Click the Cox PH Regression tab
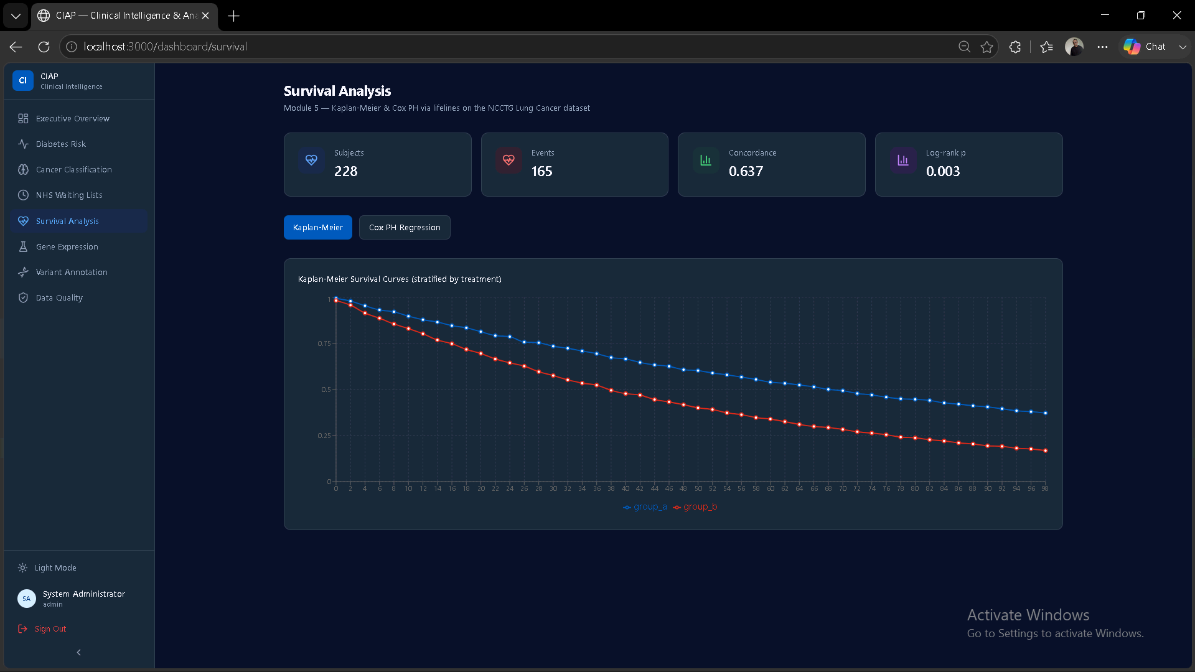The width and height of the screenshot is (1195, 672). tap(405, 228)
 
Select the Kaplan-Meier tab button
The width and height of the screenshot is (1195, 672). tap(318, 228)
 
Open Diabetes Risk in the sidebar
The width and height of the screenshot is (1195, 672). tap(61, 144)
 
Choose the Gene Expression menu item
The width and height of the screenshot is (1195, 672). tap(67, 247)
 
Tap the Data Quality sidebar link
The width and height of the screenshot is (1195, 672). tap(59, 298)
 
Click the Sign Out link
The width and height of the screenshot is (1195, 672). tap(50, 629)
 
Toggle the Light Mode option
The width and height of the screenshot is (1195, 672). tap(55, 568)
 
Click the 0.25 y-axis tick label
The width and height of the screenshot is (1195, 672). tap(324, 436)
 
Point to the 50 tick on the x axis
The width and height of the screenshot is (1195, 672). tap(698, 488)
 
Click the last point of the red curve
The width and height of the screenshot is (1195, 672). tap(1046, 450)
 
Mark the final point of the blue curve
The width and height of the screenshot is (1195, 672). tap(1046, 413)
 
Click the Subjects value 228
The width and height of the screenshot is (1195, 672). tap(346, 172)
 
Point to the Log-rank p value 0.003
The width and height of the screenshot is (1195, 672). tap(943, 172)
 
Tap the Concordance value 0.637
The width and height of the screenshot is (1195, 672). tap(746, 172)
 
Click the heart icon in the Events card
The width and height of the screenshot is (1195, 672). tap(508, 161)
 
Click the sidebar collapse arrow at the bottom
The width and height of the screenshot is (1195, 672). tap(78, 653)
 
